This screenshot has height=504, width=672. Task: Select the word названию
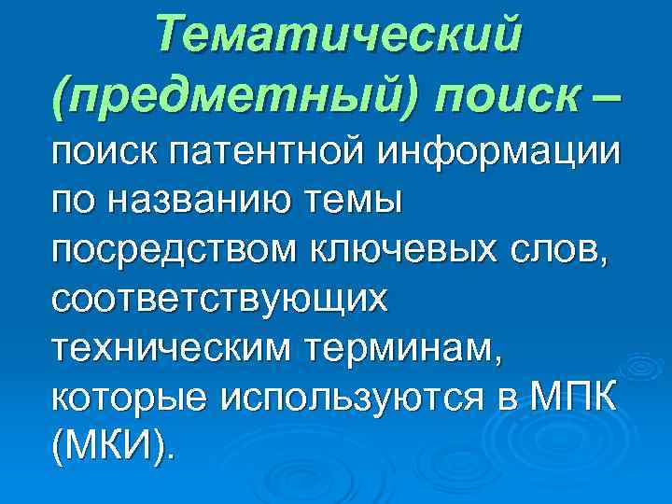[188, 199]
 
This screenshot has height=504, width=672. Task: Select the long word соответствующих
[220, 301]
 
